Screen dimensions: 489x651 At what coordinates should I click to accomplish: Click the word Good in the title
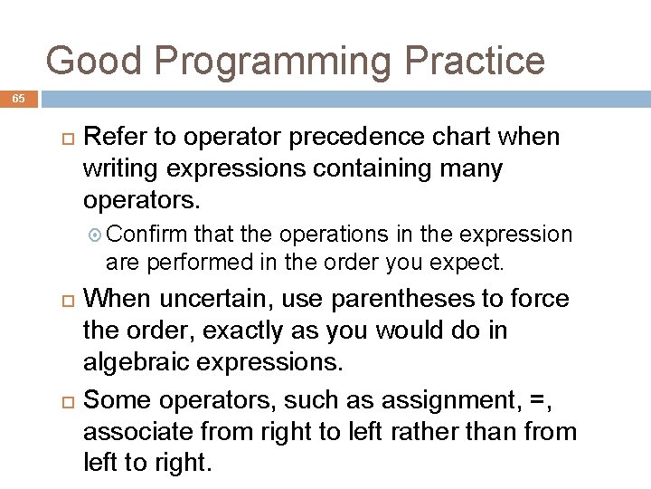click(93, 61)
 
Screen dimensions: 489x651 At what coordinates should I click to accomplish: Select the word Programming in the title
click(273, 62)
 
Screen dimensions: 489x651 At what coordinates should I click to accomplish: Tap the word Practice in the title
click(476, 61)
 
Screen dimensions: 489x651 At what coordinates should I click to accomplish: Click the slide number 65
click(19, 100)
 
